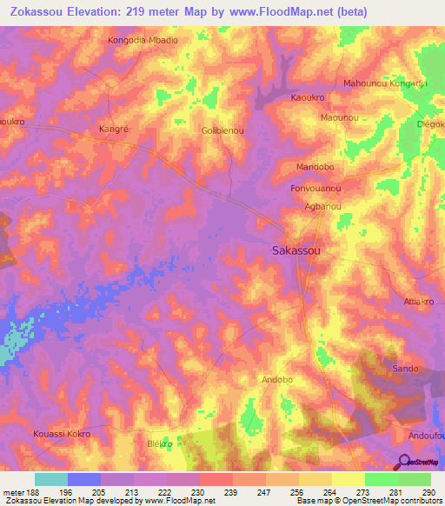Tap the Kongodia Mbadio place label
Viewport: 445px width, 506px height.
pyautogui.click(x=143, y=41)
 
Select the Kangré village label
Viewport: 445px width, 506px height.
pyautogui.click(x=115, y=129)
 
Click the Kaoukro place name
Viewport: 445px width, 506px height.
pyautogui.click(x=307, y=98)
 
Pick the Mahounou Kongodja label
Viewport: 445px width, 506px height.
pyautogui.click(x=385, y=83)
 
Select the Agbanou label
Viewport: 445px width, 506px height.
pyautogui.click(x=322, y=207)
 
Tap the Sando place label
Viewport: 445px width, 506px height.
pyautogui.click(x=405, y=369)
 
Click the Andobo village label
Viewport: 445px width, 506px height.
pyautogui.click(x=279, y=380)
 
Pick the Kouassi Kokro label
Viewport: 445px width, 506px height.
pyautogui.click(x=61, y=432)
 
